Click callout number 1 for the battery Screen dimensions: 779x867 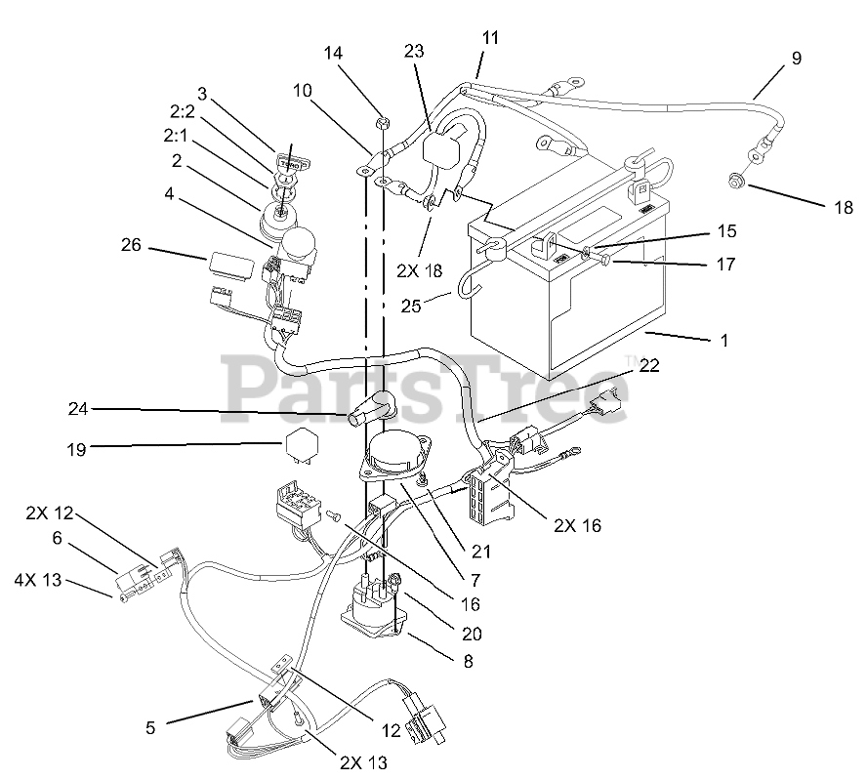pos(723,342)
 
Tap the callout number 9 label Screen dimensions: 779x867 pos(796,59)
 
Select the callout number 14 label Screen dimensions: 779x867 pos(334,54)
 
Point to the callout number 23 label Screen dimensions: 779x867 pos(413,52)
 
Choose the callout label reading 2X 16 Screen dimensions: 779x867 pos(577,525)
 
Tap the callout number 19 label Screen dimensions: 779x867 pos(77,449)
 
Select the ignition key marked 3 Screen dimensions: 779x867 pos(287,159)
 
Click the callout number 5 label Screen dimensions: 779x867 pos(150,726)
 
